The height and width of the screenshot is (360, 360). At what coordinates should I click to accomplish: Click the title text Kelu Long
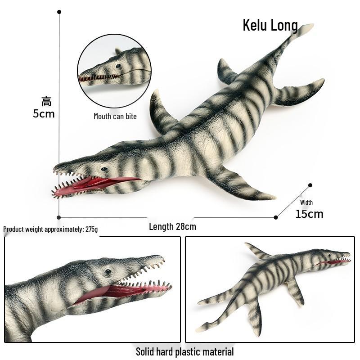pyautogui.click(x=270, y=25)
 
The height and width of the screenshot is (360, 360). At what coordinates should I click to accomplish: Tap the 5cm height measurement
pyautogui.click(x=44, y=114)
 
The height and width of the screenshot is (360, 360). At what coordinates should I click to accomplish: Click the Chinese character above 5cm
pyautogui.click(x=47, y=102)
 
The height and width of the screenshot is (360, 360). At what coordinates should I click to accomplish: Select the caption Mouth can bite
pyautogui.click(x=115, y=117)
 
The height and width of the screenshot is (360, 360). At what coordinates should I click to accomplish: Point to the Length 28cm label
pyautogui.click(x=173, y=227)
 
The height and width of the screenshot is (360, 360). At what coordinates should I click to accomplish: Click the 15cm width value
pyautogui.click(x=309, y=214)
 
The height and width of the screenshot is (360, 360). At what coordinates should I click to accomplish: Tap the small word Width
pyautogui.click(x=306, y=202)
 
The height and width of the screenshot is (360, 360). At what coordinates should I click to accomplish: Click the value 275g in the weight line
pyautogui.click(x=92, y=229)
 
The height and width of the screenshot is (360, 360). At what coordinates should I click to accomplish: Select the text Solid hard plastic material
pyautogui.click(x=185, y=352)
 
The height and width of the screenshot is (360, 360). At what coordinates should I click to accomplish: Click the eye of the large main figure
pyautogui.click(x=104, y=169)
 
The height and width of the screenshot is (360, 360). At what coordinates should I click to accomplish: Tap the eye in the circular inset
pyautogui.click(x=118, y=66)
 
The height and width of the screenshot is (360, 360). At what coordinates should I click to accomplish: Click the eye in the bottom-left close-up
pyautogui.click(x=108, y=272)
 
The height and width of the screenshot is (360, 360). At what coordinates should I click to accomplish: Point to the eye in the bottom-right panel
pyautogui.click(x=329, y=255)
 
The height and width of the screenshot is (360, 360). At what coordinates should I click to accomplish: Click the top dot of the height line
pyautogui.click(x=59, y=12)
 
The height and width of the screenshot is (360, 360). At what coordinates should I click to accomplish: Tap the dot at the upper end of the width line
pyautogui.click(x=310, y=185)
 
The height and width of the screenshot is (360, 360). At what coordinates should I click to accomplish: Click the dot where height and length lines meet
pyautogui.click(x=59, y=217)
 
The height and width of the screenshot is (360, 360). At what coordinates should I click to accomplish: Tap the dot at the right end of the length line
pyautogui.click(x=276, y=217)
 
